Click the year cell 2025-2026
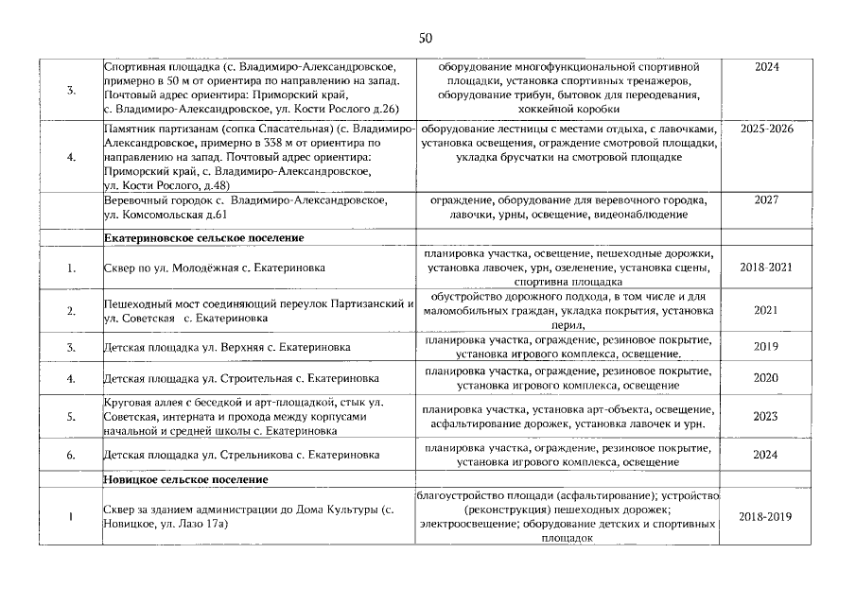(x=767, y=129)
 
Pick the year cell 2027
(x=767, y=200)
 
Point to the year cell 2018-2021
(x=767, y=268)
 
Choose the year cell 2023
(x=767, y=416)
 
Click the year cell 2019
(x=767, y=347)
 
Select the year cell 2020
(x=767, y=378)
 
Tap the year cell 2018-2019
(x=767, y=517)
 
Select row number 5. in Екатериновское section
(x=72, y=416)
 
